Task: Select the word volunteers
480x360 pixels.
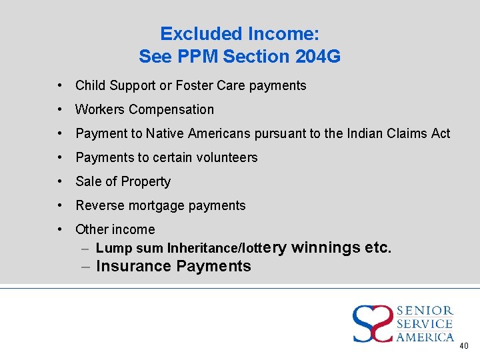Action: pos(225,157)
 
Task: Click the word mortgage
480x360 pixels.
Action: pos(160,205)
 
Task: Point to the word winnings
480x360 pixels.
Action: pos(326,248)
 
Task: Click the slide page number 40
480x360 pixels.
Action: pos(464,346)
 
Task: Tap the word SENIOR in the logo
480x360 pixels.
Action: pos(425,311)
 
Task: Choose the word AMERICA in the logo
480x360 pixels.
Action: pos(425,337)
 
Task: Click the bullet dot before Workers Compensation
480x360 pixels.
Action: pos(60,109)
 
